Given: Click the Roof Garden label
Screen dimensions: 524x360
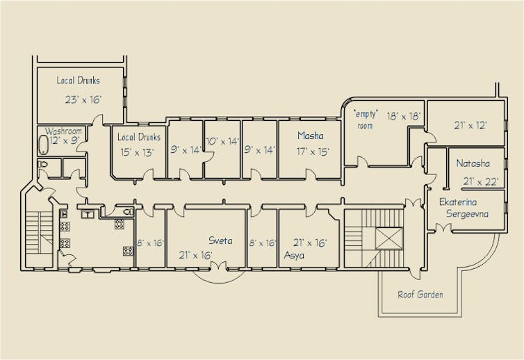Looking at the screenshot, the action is (420, 295).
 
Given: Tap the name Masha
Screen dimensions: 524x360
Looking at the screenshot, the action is (311, 136).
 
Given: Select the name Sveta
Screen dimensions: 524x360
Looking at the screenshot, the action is (220, 240).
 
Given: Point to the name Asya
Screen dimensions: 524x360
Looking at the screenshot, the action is (294, 255).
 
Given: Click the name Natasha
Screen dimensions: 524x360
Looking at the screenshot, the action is (473, 163).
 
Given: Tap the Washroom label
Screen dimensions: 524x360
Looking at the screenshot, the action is (63, 131).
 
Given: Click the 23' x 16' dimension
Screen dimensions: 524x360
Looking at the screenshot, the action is (83, 99).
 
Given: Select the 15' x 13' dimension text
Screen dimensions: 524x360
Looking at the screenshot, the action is (137, 152).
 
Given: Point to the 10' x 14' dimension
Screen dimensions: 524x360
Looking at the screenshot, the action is (222, 141).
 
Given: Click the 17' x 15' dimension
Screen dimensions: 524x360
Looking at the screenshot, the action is (313, 152).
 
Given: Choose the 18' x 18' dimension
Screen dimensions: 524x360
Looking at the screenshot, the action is (404, 116).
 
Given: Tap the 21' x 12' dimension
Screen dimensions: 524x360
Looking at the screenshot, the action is (470, 125).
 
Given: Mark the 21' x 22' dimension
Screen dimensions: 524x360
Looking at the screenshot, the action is (481, 181).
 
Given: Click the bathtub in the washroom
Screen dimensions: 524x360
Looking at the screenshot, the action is (44, 145).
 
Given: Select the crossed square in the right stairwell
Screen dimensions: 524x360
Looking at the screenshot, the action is (389, 238).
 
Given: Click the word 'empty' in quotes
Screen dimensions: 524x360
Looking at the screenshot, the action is (366, 114).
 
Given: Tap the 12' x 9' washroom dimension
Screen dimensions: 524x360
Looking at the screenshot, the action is (65, 140).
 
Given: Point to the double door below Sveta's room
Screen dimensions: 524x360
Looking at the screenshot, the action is (218, 265).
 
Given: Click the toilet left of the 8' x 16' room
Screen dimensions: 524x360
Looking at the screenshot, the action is (129, 211).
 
